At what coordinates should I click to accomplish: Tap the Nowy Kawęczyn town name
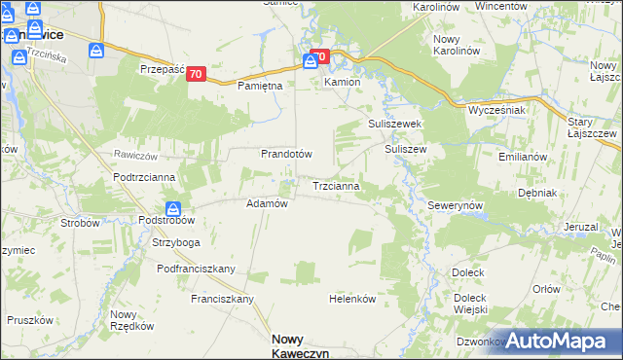pyautogui.click(x=298, y=345)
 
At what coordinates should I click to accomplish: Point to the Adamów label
pyautogui.click(x=267, y=204)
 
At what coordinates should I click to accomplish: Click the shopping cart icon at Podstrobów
pyautogui.click(x=172, y=207)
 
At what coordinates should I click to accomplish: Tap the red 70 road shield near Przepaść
pyautogui.click(x=197, y=74)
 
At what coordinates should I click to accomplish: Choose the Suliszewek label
pyautogui.click(x=393, y=126)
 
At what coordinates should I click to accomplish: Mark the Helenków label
pyautogui.click(x=352, y=299)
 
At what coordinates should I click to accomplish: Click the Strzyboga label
pyautogui.click(x=175, y=242)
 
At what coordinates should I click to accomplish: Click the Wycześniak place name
pyautogui.click(x=496, y=110)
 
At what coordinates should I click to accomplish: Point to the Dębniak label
pyautogui.click(x=537, y=193)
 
